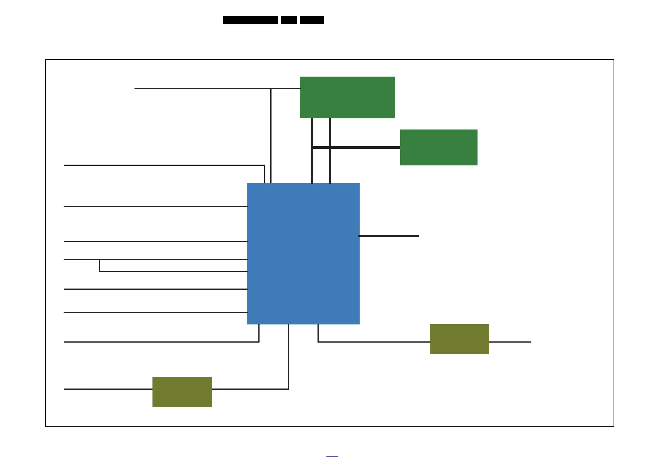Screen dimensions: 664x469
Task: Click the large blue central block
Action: [x=303, y=253]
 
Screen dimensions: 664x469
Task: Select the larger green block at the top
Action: [x=347, y=97]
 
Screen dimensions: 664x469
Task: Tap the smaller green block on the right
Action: [x=439, y=147]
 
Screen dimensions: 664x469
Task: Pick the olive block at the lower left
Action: [x=182, y=392]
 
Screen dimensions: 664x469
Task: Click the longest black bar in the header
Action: [x=250, y=20]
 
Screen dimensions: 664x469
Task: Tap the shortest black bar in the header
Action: [x=289, y=20]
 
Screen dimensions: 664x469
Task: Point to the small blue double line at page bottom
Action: [x=332, y=458]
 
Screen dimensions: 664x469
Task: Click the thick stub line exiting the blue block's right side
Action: [x=389, y=236]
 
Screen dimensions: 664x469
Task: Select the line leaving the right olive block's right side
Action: [x=510, y=342]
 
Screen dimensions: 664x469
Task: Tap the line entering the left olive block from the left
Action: [x=108, y=389]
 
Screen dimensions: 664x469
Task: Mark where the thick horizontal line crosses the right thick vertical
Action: [x=330, y=147]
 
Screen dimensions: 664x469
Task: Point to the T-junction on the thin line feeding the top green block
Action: [x=271, y=89]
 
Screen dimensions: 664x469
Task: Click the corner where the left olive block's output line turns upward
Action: [x=288, y=389]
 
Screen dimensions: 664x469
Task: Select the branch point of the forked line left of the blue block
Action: [x=100, y=260]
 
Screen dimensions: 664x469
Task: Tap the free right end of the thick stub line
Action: [x=418, y=236]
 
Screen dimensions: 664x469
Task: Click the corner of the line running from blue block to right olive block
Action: [x=318, y=342]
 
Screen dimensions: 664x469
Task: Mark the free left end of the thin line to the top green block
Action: [x=135, y=89]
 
